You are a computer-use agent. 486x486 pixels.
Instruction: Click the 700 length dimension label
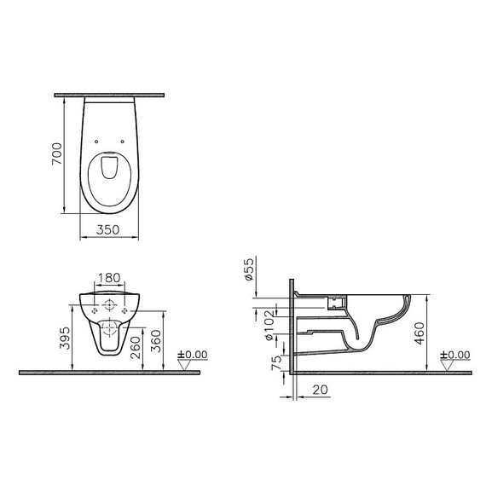coord(57,153)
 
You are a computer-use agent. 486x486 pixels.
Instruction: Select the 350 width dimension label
coord(107,229)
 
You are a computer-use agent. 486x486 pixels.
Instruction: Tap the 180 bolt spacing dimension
coord(109,278)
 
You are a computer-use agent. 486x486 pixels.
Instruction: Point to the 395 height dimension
coord(65,338)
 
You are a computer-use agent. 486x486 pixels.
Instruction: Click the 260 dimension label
coord(136,348)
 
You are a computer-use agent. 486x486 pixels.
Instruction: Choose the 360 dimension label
coord(156,341)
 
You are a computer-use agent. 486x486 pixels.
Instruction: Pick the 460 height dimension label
coord(419,333)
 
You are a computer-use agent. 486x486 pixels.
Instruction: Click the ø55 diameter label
coord(249,269)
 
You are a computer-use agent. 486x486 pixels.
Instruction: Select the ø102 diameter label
coord(269,326)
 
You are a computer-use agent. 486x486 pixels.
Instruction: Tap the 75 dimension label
coord(276,363)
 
